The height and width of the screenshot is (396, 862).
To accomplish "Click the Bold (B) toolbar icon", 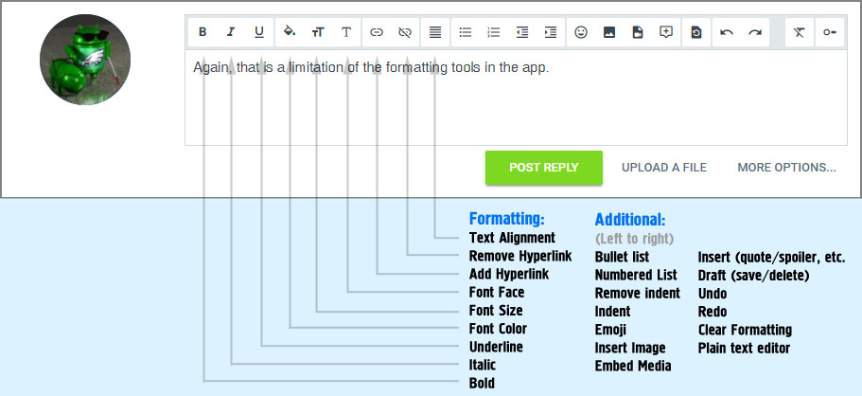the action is [x=202, y=32].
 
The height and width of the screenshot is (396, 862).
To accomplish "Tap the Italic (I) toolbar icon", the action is [x=231, y=32].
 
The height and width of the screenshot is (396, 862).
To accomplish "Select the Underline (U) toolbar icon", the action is [x=259, y=32].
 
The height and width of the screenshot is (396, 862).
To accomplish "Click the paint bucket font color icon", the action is [x=290, y=32].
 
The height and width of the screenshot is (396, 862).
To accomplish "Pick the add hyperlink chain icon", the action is [x=376, y=32].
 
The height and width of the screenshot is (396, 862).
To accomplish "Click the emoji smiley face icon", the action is [x=581, y=32].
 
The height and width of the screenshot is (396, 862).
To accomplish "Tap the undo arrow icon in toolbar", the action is [x=727, y=32].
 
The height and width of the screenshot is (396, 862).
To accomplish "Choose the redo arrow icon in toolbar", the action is [x=755, y=32].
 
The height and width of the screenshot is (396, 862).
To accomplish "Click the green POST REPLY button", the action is [x=544, y=168].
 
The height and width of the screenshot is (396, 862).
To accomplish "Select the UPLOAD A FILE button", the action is [x=664, y=168].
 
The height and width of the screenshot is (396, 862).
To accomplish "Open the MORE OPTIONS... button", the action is [x=786, y=168].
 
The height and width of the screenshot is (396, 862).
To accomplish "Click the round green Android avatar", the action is [x=85, y=60].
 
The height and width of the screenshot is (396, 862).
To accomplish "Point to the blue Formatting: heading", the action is [x=506, y=219].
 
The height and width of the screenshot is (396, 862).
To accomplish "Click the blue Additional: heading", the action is [x=630, y=220].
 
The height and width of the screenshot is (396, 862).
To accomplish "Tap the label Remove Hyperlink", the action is [x=520, y=256].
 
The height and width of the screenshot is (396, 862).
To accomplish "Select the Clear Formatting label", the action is [x=745, y=330].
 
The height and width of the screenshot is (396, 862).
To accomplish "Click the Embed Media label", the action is [x=633, y=366].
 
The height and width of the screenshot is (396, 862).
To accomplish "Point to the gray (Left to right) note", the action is [x=634, y=239].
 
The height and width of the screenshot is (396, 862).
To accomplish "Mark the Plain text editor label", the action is [x=744, y=348].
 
